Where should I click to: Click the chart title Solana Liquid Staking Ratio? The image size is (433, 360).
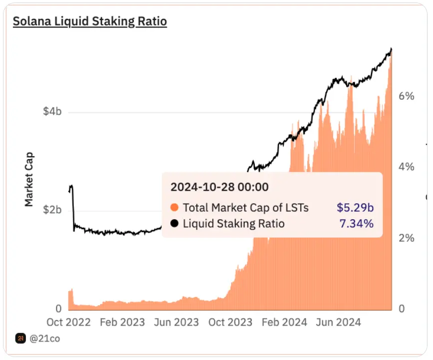tap(89, 21)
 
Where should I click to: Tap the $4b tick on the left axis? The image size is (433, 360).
tap(52, 111)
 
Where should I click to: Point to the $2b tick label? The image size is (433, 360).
tap(52, 210)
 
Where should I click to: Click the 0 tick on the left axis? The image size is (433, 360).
tap(58, 309)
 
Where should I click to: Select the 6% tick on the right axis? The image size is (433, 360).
tap(406, 96)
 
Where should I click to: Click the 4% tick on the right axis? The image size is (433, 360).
tap(406, 167)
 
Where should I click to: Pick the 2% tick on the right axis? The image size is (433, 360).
tap(406, 238)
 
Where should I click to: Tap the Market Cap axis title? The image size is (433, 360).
tap(29, 179)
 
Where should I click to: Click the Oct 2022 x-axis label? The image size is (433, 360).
tap(69, 323)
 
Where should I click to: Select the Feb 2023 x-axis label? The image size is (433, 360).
tap(122, 323)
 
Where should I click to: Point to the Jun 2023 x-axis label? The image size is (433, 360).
tap(176, 323)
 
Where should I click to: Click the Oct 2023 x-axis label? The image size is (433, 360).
tap(230, 323)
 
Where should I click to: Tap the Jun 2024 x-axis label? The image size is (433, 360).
tap(338, 323)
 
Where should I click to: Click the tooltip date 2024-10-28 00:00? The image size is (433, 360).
tap(219, 187)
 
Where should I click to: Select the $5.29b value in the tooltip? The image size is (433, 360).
tap(355, 208)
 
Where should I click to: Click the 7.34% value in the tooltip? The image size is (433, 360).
tap(356, 224)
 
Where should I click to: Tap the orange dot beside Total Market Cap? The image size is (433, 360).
tap(174, 208)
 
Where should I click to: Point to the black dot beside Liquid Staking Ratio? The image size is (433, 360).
tap(174, 224)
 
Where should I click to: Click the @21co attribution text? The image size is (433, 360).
tap(45, 339)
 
